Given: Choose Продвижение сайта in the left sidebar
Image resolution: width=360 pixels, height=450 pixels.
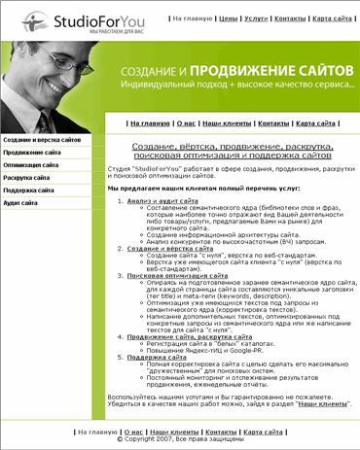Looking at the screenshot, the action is tap(32, 154).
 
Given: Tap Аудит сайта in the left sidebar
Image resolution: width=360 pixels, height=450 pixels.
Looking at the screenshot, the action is tap(21, 204).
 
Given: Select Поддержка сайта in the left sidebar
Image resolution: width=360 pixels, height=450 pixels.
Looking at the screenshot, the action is tap(30, 191).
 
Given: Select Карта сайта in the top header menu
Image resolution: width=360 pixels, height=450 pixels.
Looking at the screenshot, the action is tap(332, 17).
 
